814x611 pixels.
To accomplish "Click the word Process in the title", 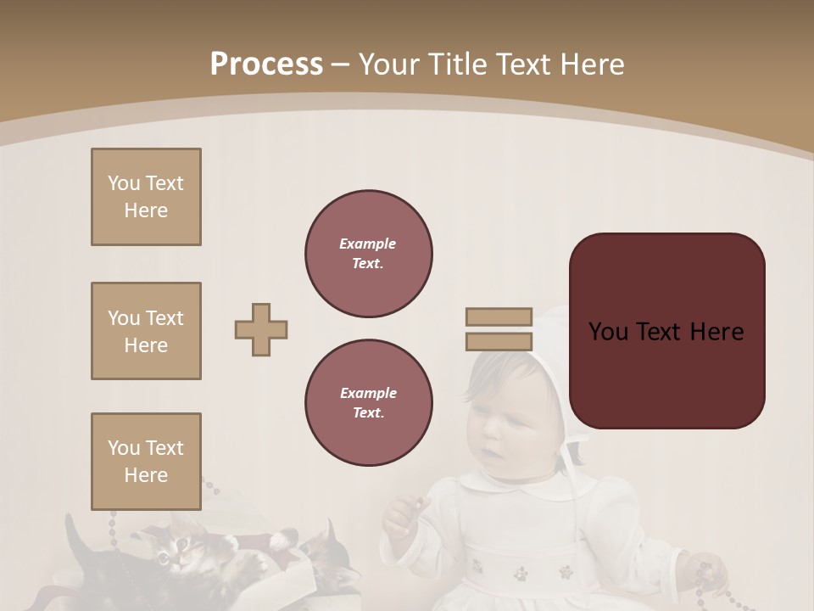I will point(266,64).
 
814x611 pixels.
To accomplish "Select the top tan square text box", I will point(146,197).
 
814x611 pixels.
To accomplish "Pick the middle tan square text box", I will point(146,331).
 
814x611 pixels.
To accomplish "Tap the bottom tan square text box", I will point(146,462).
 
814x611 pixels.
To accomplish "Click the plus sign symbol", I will point(261,329).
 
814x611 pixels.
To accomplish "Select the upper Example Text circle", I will point(368,254).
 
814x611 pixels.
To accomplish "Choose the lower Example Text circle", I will point(368,403).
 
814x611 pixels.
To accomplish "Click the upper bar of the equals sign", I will point(499,317).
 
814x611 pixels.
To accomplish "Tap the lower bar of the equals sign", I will point(499,342).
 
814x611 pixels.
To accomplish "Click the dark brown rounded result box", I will point(666,331).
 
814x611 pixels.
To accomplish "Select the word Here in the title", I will point(588,64).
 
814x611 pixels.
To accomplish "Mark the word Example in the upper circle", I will point(367,244).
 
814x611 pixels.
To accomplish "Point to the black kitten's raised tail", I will point(74,535).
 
